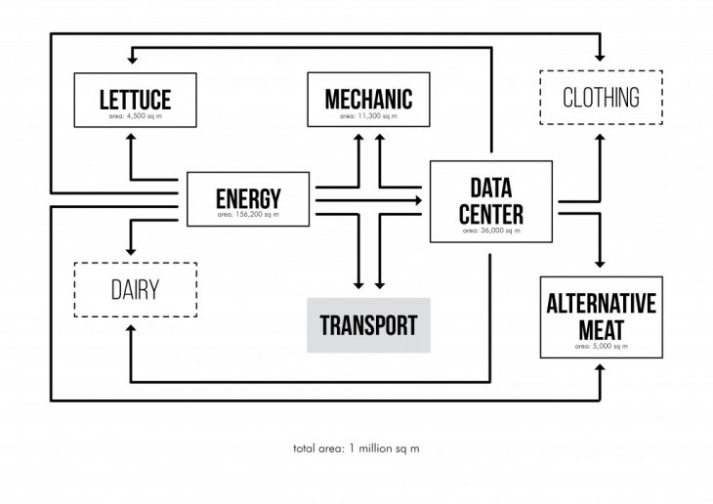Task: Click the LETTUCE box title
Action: tap(136, 99)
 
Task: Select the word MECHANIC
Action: tap(368, 98)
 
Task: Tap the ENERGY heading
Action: tap(248, 197)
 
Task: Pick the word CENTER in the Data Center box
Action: tap(491, 213)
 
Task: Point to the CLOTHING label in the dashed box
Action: tap(602, 98)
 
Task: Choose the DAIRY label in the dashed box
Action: tap(135, 289)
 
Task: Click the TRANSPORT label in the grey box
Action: tap(368, 325)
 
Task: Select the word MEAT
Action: tap(602, 329)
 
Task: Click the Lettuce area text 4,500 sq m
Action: tap(135, 115)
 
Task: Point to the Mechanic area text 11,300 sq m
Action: tap(368, 115)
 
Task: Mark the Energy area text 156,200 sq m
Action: tap(248, 214)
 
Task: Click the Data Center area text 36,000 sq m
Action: tap(491, 231)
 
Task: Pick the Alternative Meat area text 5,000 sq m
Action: tap(602, 346)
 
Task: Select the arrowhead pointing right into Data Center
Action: tap(419, 199)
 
